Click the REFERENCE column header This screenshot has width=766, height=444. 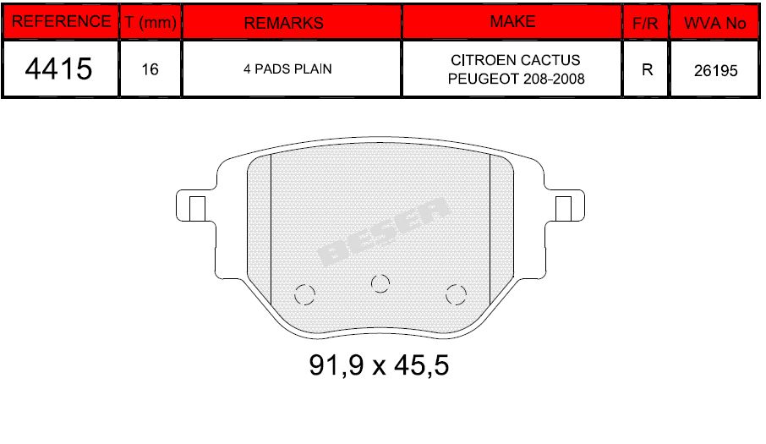point(61,22)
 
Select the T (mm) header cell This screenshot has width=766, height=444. point(150,23)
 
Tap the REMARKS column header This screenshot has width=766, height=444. point(283,23)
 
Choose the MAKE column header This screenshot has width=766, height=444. point(512,22)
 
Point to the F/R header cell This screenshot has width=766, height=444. point(646,24)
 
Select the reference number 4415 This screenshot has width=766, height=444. point(59,69)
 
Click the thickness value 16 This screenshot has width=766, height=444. point(150,69)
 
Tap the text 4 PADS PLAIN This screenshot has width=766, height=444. point(287,69)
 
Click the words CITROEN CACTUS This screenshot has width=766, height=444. point(516,61)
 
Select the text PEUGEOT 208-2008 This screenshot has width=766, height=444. point(516,79)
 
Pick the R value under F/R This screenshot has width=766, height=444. point(647,69)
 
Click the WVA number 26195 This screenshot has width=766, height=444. point(715,70)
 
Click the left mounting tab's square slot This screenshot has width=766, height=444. point(196,206)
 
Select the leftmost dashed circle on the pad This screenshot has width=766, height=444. point(304,294)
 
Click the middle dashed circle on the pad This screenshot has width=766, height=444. point(381,282)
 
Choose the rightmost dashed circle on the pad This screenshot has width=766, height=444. point(457,294)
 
